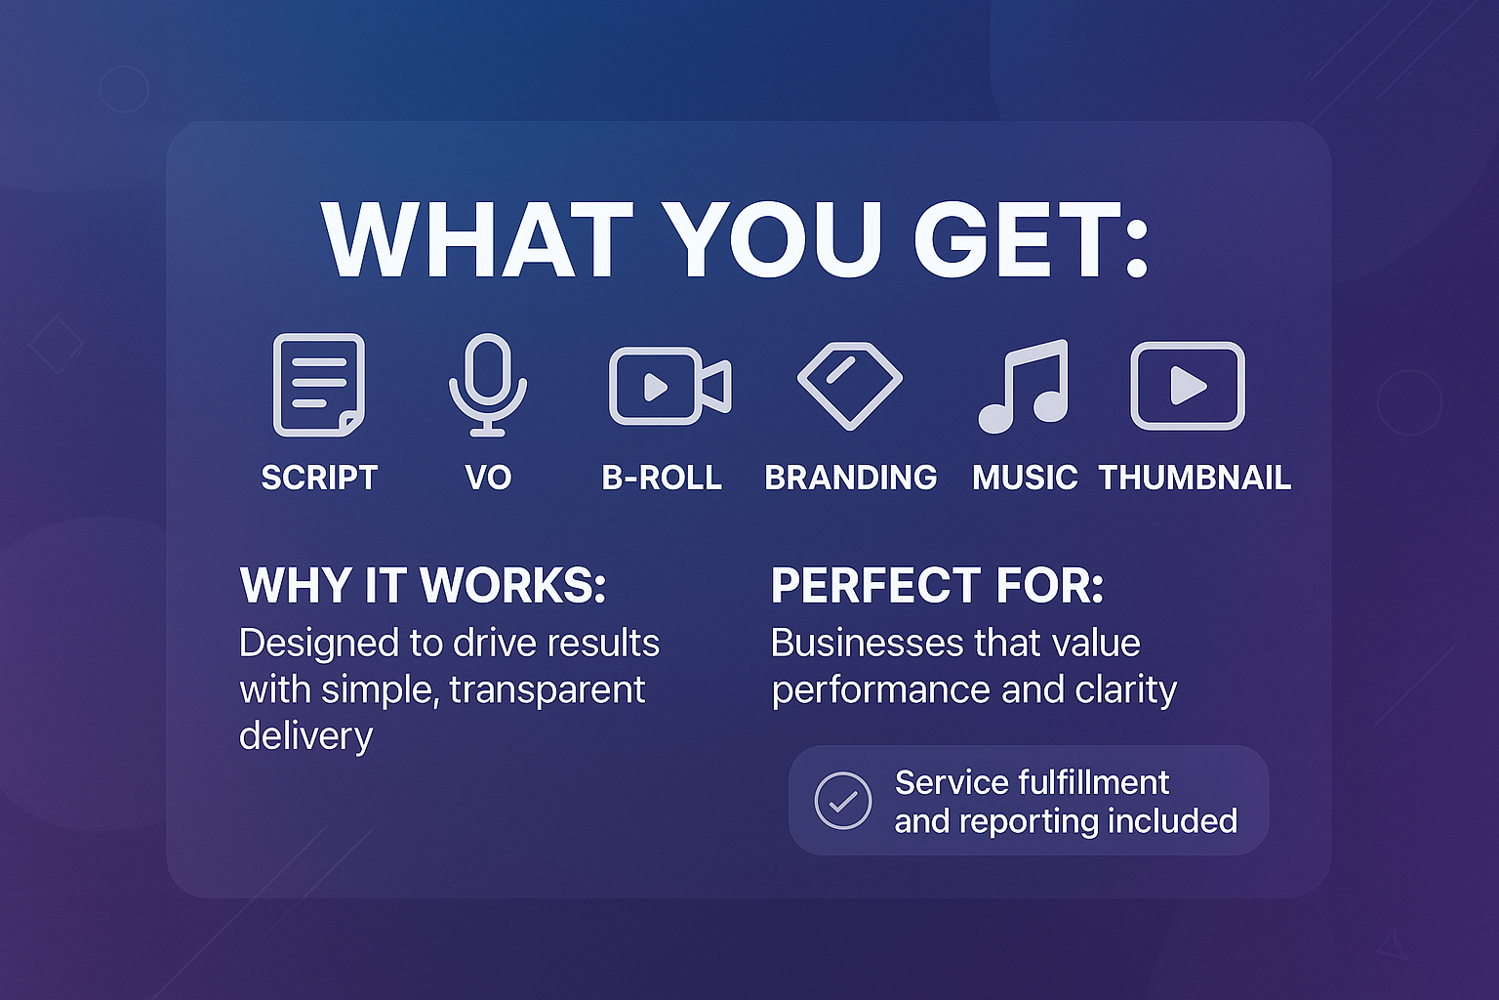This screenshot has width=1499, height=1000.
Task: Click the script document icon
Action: click(x=319, y=385)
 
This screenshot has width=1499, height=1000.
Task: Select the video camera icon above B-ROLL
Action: click(x=669, y=386)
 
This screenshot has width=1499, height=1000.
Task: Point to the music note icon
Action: click(x=1024, y=387)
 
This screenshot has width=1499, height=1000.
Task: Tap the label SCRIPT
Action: click(x=319, y=478)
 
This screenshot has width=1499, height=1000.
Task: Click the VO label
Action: click(x=488, y=478)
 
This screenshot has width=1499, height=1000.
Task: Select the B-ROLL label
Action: click(x=661, y=478)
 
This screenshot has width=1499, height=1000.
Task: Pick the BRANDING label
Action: click(x=851, y=478)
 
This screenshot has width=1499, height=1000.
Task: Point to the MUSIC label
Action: click(x=1025, y=478)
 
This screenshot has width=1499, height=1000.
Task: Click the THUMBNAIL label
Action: click(x=1195, y=478)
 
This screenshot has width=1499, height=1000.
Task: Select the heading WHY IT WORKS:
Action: click(x=423, y=585)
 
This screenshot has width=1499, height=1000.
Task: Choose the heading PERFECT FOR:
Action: click(x=937, y=585)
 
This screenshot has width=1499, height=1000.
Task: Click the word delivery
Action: click(x=305, y=736)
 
